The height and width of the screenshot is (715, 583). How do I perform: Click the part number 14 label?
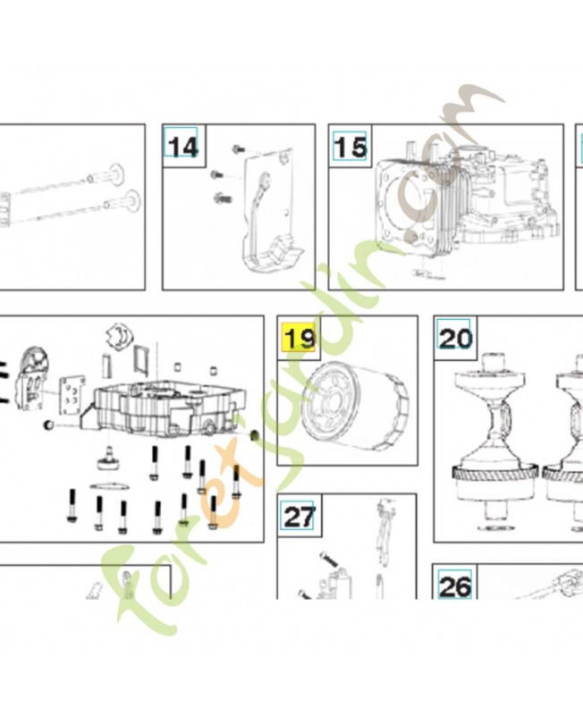[x=183, y=147]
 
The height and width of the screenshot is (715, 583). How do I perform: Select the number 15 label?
[x=350, y=147]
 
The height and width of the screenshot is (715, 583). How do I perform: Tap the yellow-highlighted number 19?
[x=299, y=338]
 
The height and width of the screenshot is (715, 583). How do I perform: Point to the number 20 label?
[x=455, y=339]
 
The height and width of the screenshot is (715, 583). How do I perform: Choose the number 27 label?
[x=299, y=517]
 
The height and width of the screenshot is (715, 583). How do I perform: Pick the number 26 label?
[x=455, y=586]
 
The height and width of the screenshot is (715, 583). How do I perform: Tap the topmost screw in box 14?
[x=238, y=148]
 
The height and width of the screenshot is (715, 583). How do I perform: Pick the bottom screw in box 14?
[x=222, y=198]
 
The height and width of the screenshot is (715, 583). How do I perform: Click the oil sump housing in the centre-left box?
[x=165, y=409]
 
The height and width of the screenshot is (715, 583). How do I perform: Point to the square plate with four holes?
[x=72, y=394]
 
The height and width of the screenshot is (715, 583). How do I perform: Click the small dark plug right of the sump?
[x=255, y=434]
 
